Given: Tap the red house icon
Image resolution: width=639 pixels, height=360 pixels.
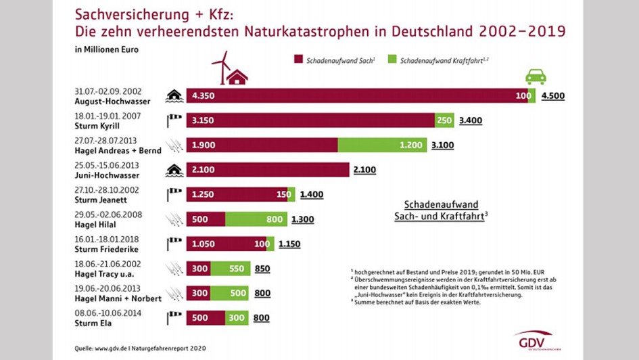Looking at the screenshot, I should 236,77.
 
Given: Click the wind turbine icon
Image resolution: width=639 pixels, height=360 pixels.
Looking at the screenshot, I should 220,68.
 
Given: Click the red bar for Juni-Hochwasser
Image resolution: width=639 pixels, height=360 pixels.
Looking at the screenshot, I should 268,170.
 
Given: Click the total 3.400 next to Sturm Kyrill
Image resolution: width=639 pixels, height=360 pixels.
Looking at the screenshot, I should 470,120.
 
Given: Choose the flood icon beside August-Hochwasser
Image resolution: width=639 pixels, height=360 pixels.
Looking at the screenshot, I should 174,95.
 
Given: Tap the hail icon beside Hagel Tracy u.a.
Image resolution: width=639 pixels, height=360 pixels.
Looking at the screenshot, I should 174,269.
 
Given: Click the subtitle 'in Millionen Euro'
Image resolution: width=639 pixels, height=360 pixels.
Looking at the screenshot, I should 103,49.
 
